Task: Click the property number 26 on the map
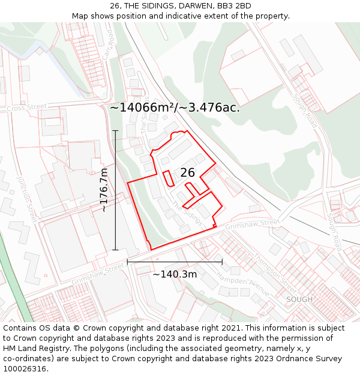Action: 187,173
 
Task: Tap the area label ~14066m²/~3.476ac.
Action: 175,108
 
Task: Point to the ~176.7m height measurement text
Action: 103,190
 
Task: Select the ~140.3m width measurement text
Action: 175,274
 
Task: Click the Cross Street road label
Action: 26,107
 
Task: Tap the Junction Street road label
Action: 28,199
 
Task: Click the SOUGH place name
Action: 299,299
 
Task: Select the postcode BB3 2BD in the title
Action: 234,6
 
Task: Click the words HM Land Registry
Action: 35,348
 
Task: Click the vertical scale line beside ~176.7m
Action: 115,190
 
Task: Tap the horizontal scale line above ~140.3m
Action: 175,262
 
